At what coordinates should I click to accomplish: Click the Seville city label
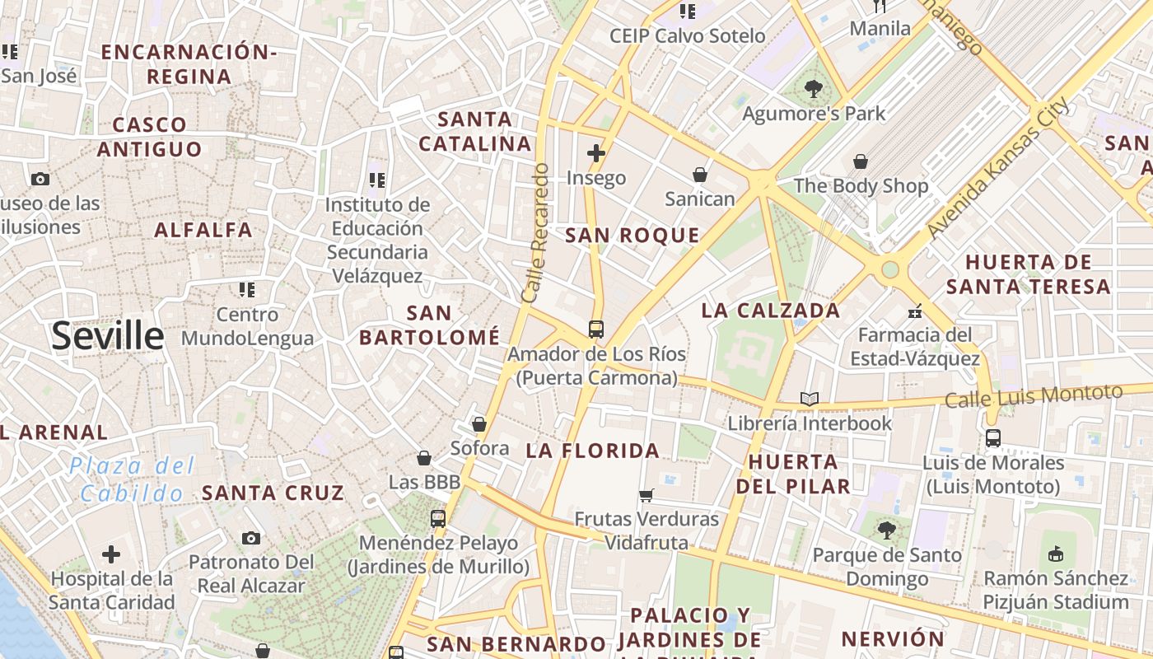[x=108, y=336]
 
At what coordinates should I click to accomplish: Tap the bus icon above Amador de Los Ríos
[x=596, y=329]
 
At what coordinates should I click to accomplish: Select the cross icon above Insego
[x=596, y=153]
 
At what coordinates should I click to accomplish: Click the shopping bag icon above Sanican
[x=699, y=175]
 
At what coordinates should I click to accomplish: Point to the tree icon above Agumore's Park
[x=813, y=88]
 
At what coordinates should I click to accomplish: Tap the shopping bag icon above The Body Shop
[x=861, y=161]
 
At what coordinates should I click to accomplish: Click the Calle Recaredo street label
[x=534, y=232]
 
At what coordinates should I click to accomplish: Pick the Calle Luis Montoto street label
[x=1034, y=396]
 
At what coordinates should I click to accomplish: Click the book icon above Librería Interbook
[x=810, y=400]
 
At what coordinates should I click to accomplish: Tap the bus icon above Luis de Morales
[x=993, y=438]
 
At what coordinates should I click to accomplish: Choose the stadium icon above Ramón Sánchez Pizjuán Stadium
[x=1056, y=553]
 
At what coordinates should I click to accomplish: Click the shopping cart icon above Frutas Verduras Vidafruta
[x=647, y=495]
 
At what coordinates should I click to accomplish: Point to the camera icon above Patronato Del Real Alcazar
[x=251, y=539]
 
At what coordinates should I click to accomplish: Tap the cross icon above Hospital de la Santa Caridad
[x=111, y=554]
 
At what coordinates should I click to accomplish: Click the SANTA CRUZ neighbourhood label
[x=273, y=493]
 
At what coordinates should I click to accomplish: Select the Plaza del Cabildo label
[x=132, y=479]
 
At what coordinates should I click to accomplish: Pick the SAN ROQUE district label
[x=633, y=236]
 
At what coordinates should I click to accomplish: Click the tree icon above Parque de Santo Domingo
[x=886, y=530]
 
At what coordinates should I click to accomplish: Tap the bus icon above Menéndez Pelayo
[x=438, y=519]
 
